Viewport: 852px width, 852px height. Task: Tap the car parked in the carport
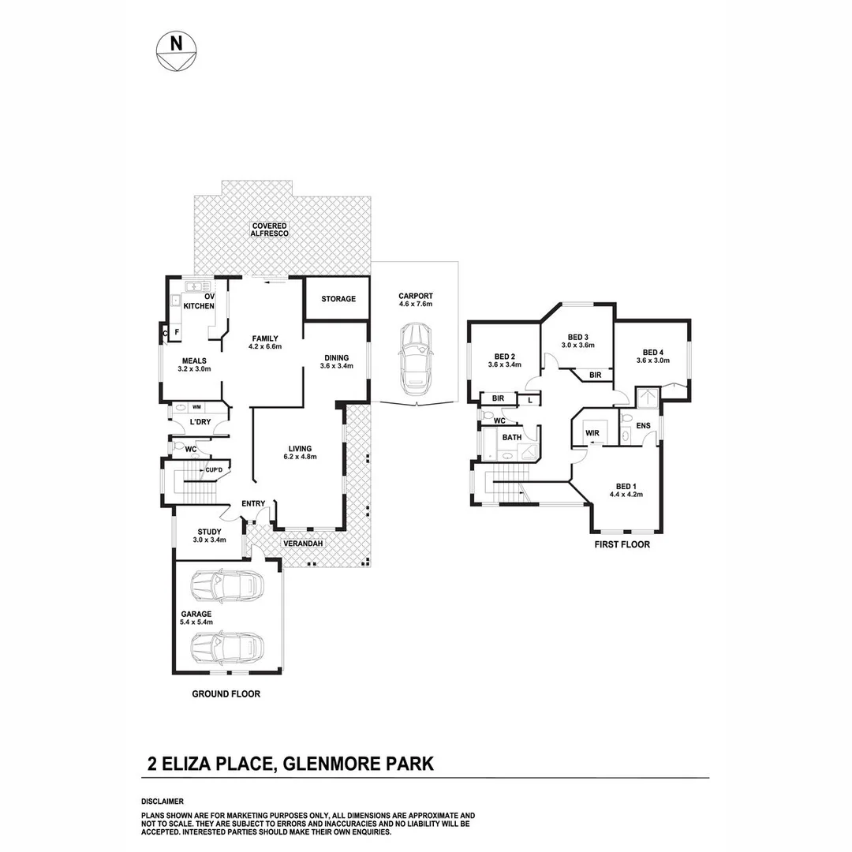click(x=414, y=363)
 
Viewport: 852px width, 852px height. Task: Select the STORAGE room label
click(x=338, y=300)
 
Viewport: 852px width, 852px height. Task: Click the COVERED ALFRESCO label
click(x=270, y=230)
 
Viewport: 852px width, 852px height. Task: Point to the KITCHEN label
click(x=199, y=306)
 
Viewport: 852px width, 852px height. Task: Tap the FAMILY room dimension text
click(x=265, y=346)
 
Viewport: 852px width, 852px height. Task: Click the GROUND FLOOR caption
click(x=226, y=695)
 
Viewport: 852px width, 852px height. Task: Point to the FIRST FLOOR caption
click(x=622, y=544)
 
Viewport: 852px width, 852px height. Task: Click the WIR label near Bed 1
click(x=592, y=432)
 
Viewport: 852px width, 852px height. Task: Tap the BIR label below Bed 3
click(x=596, y=376)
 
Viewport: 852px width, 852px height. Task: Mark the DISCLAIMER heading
click(x=162, y=801)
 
